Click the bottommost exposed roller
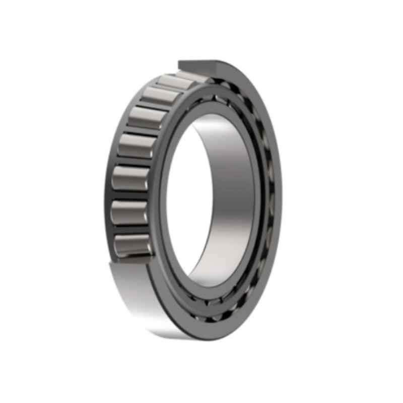point(132,245)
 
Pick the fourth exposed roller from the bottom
point(138,146)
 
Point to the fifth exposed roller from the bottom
point(147,117)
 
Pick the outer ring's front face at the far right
point(277,201)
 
